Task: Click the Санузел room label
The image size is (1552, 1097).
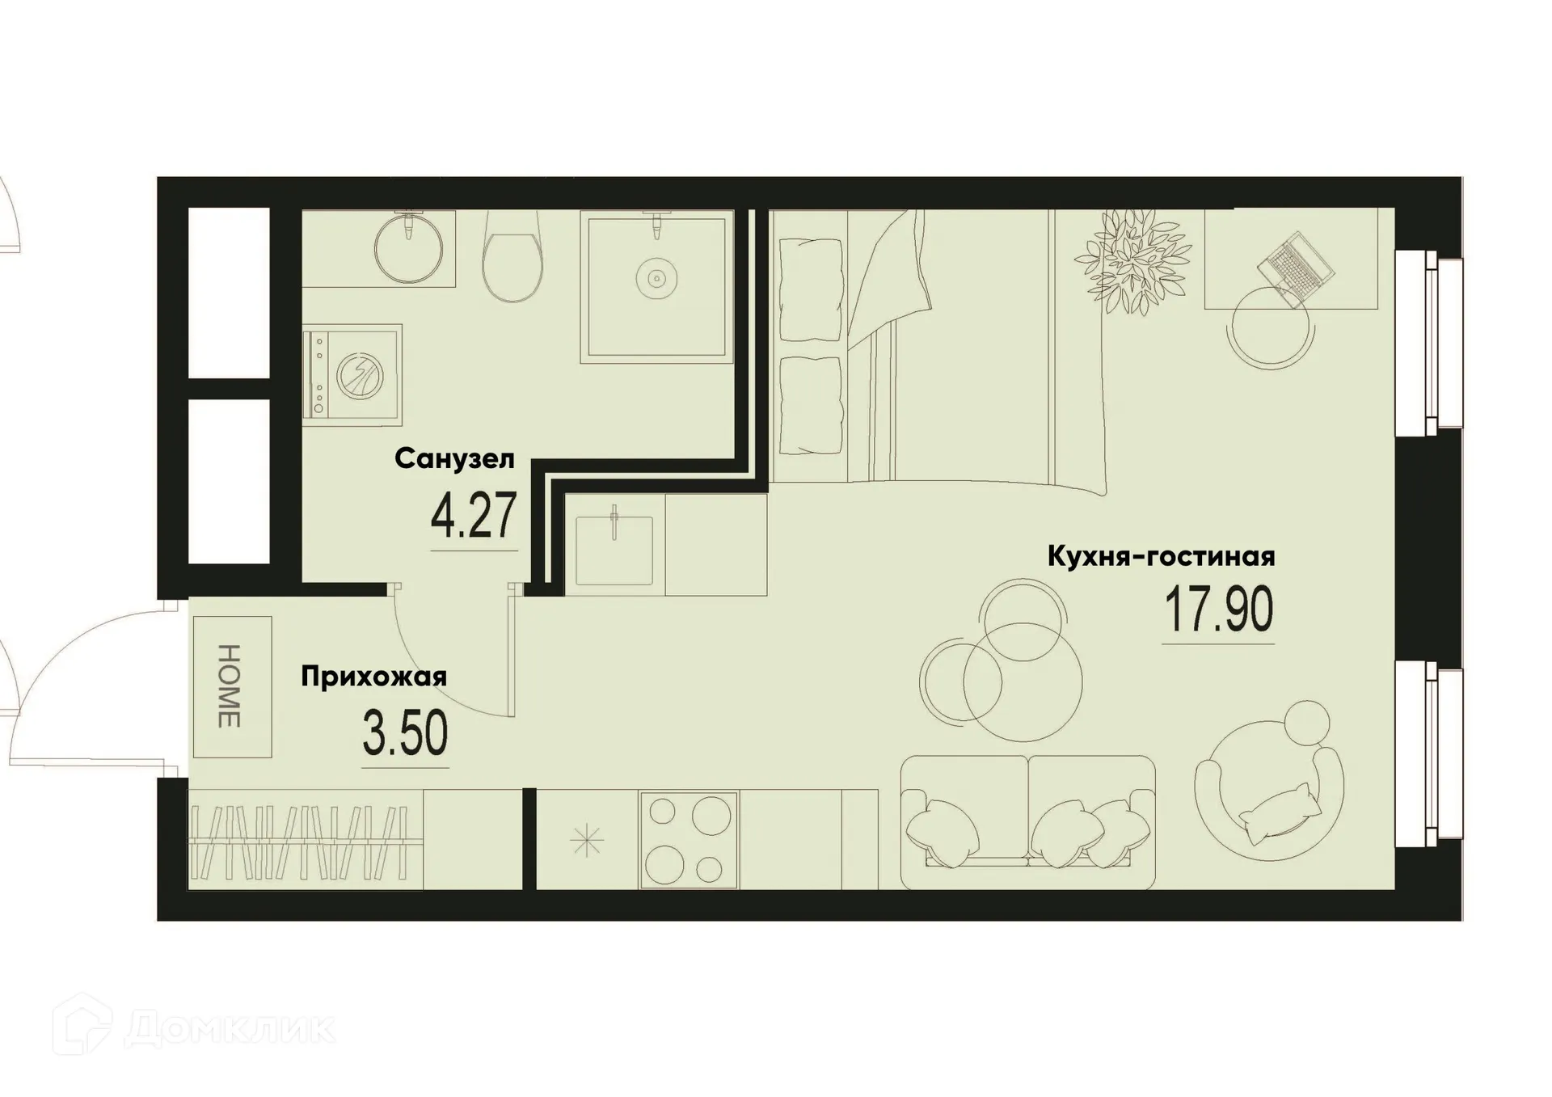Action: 454,458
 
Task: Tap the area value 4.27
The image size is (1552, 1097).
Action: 474,517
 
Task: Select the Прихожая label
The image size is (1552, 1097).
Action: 373,676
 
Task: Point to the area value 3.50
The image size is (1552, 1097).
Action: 405,734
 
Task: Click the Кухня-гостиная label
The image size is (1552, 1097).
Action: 1161,556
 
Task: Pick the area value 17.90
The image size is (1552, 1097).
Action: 1218,610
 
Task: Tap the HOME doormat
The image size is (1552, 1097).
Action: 232,686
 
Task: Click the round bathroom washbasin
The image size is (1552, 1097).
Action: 409,248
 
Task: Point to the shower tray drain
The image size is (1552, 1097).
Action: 656,279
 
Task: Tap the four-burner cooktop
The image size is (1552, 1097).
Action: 688,840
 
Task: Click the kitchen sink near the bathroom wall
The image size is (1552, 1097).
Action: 614,549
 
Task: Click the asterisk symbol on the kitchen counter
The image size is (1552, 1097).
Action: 587,842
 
